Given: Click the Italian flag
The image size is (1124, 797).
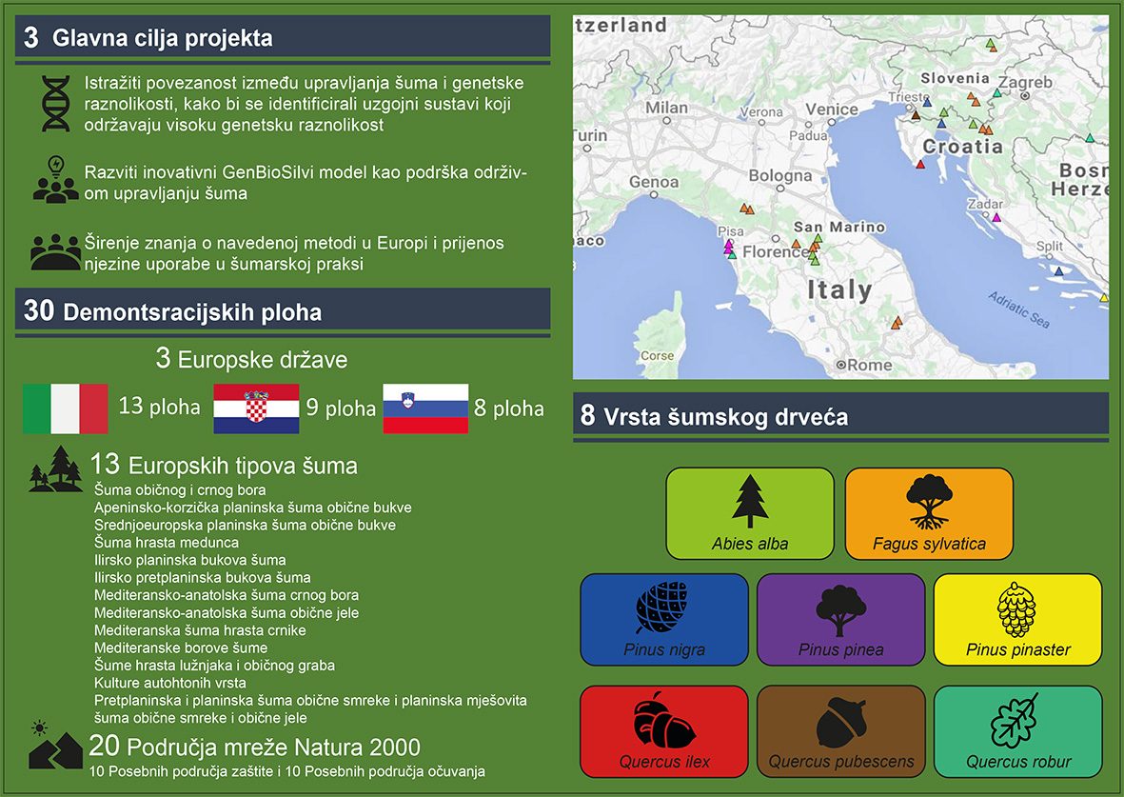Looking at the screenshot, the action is pyautogui.click(x=66, y=408).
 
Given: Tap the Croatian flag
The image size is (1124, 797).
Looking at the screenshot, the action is pyautogui.click(x=256, y=408).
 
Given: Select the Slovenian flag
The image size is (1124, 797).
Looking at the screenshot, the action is pyautogui.click(x=425, y=408).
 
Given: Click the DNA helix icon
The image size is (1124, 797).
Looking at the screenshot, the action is pyautogui.click(x=56, y=103).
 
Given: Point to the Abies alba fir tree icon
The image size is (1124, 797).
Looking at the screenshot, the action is pyautogui.click(x=750, y=502).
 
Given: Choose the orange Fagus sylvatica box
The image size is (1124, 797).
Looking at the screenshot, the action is pyautogui.click(x=929, y=513).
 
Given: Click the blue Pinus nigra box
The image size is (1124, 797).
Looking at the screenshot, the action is pyautogui.click(x=664, y=620).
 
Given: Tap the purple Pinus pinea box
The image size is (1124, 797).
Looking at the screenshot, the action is pyautogui.click(x=840, y=620).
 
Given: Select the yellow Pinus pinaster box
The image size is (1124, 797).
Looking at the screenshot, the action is pyautogui.click(x=1018, y=620).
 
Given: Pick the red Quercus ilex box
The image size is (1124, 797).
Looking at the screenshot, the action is pyautogui.click(x=664, y=731).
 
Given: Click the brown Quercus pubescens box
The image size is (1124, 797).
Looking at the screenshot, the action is pyautogui.click(x=840, y=731).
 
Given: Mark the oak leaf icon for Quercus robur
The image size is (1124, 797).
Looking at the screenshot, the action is pyautogui.click(x=1015, y=721).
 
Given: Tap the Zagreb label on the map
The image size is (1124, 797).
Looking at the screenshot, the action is pyautogui.click(x=1026, y=82).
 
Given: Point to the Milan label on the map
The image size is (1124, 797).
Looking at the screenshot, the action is pyautogui.click(x=666, y=108).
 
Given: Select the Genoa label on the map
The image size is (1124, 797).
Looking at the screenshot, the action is pyautogui.click(x=654, y=182).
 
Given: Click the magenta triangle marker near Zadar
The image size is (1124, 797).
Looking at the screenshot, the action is pyautogui.click(x=996, y=217).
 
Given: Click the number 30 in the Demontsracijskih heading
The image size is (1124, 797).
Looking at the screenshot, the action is pyautogui.click(x=39, y=310).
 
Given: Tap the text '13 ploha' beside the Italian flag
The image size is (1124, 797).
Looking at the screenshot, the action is pyautogui.click(x=159, y=406).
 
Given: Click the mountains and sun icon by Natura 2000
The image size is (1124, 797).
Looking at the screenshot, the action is pyautogui.click(x=54, y=747).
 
